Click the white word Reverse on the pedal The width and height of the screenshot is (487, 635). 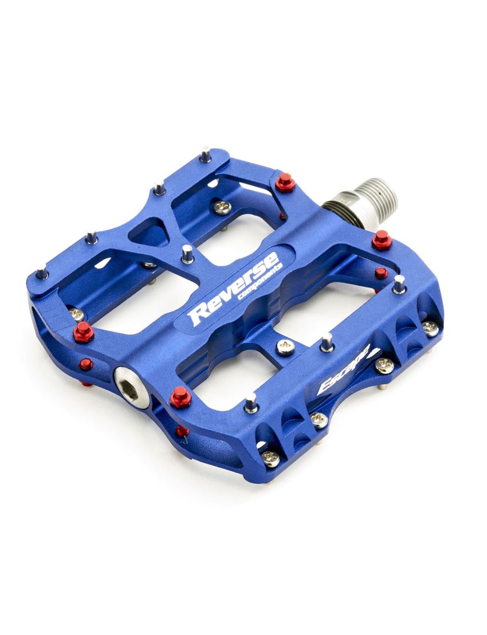235,289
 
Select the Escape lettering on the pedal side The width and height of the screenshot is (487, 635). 343,370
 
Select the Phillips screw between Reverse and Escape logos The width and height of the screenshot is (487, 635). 286,347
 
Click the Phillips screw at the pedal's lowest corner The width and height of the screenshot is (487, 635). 270,459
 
